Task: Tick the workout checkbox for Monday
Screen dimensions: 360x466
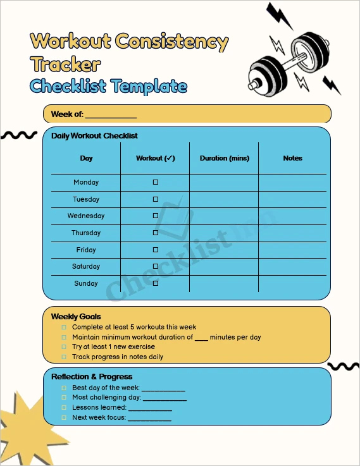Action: tap(156, 182)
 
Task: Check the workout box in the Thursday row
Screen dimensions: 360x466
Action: tap(156, 233)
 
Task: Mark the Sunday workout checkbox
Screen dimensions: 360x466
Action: tap(156, 283)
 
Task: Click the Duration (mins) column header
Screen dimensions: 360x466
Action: tap(225, 158)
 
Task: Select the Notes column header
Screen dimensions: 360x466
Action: tap(292, 158)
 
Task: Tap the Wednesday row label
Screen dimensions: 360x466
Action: tap(86, 216)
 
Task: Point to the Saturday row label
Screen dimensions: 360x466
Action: tap(86, 266)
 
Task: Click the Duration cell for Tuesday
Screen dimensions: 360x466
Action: tap(224, 199)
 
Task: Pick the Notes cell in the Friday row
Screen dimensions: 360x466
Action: tap(292, 250)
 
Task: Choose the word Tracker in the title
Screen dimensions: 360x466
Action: tap(65, 64)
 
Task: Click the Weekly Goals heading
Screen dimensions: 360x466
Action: tap(76, 316)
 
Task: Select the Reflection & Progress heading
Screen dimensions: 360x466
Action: tap(92, 377)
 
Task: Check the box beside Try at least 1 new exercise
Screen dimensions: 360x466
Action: tap(63, 347)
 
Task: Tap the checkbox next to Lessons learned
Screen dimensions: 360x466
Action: tap(63, 408)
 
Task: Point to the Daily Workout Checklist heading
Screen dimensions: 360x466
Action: tap(94, 136)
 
